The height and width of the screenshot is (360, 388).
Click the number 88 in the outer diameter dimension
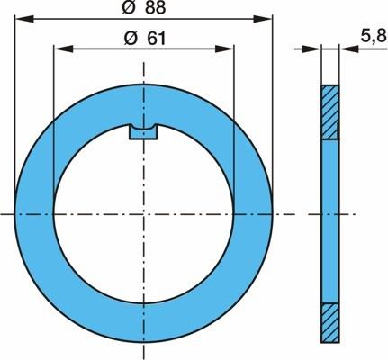click(x=155, y=7)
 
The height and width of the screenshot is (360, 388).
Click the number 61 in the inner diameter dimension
click(x=156, y=39)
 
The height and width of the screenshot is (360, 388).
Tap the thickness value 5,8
click(x=373, y=36)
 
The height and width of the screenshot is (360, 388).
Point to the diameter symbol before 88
click(x=129, y=7)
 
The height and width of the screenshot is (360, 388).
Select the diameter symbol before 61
click(x=131, y=39)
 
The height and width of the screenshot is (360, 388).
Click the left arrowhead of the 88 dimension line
click(x=24, y=19)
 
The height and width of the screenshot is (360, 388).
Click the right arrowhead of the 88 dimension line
click(x=263, y=19)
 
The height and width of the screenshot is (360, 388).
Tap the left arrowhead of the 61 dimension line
click(x=63, y=49)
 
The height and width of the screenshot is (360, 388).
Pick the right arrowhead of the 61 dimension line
click(x=224, y=49)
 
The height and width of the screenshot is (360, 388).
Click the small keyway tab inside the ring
click(x=143, y=132)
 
